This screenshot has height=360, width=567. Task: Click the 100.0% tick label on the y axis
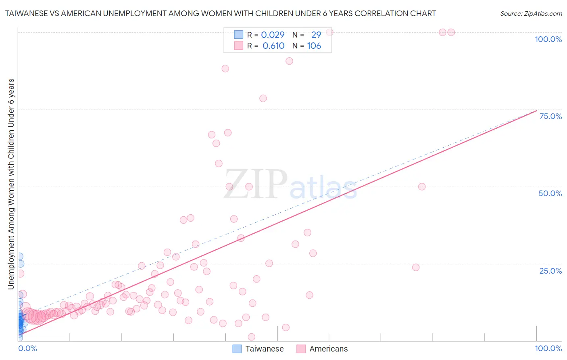pos(548,39)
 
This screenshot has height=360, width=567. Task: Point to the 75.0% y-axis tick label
pos(550,116)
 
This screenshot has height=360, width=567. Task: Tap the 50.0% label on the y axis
pos(550,193)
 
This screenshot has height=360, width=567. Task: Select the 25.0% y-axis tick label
pos(550,270)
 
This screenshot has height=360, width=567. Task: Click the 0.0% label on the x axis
pos(27,348)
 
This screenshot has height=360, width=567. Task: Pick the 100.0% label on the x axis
pos(548,348)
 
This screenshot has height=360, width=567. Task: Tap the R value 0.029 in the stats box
pos(273,35)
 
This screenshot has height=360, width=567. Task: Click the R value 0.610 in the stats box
pos(273,46)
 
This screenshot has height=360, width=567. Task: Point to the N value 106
pos(314,46)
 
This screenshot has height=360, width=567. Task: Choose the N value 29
pos(316,35)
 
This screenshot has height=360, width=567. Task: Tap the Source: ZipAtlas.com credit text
pos(531,13)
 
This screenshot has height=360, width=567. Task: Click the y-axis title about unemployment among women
pos(11,184)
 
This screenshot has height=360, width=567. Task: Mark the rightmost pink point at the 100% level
pos(451,32)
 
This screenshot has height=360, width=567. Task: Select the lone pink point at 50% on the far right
pos(422,186)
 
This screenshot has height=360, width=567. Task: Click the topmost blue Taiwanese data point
pos(19,256)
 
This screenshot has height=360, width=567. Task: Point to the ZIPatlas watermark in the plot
pos(290,185)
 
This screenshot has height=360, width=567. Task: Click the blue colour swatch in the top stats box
pos(239,35)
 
